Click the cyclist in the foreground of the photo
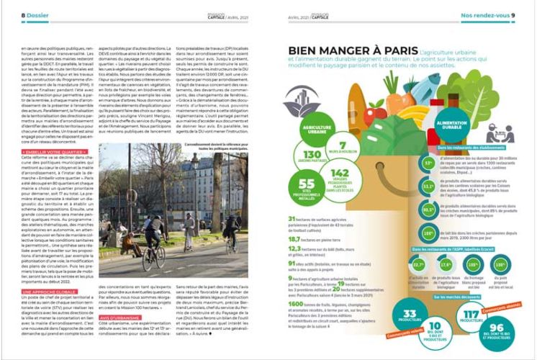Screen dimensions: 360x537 pyautogui.click(x=153, y=237)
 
